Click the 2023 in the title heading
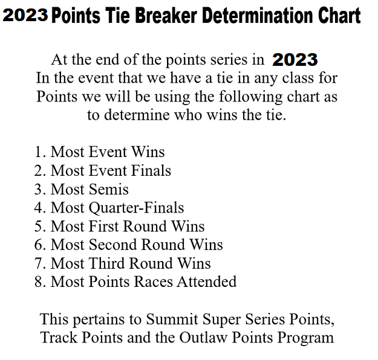(25, 15)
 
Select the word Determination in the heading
(258, 16)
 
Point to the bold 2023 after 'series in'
(295, 59)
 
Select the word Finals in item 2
(151, 170)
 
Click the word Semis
(109, 189)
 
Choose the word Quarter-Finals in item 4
(137, 208)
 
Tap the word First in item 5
(104, 227)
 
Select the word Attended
(207, 281)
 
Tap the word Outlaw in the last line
(203, 338)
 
